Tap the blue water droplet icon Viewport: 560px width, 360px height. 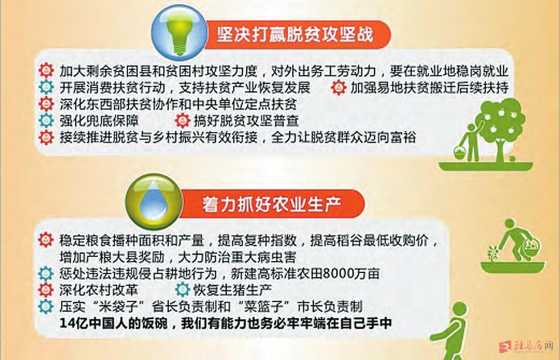pyautogui.click(x=154, y=201)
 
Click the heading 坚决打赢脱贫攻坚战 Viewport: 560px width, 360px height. pyautogui.click(x=295, y=34)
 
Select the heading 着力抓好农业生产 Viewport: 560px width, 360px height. pyautogui.click(x=272, y=204)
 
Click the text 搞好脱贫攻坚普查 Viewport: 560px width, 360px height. pyautogui.click(x=246, y=121)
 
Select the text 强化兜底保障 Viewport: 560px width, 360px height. pyautogui.click(x=99, y=121)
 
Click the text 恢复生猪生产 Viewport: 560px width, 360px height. pyautogui.click(x=232, y=290)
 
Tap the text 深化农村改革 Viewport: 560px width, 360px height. pyautogui.click(x=98, y=290)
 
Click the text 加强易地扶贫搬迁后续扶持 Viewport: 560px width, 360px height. pyautogui.click(x=429, y=88)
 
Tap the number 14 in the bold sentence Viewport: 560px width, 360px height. pyautogui.click(x=66, y=323)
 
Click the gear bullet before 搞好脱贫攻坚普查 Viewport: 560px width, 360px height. pyautogui.click(x=182, y=121)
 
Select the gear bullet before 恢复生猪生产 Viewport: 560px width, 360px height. pyautogui.click(x=182, y=290)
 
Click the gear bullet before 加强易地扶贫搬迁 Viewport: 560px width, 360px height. pyautogui.click(x=338, y=88)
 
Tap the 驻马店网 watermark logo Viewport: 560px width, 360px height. pyautogui.click(x=527, y=346)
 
